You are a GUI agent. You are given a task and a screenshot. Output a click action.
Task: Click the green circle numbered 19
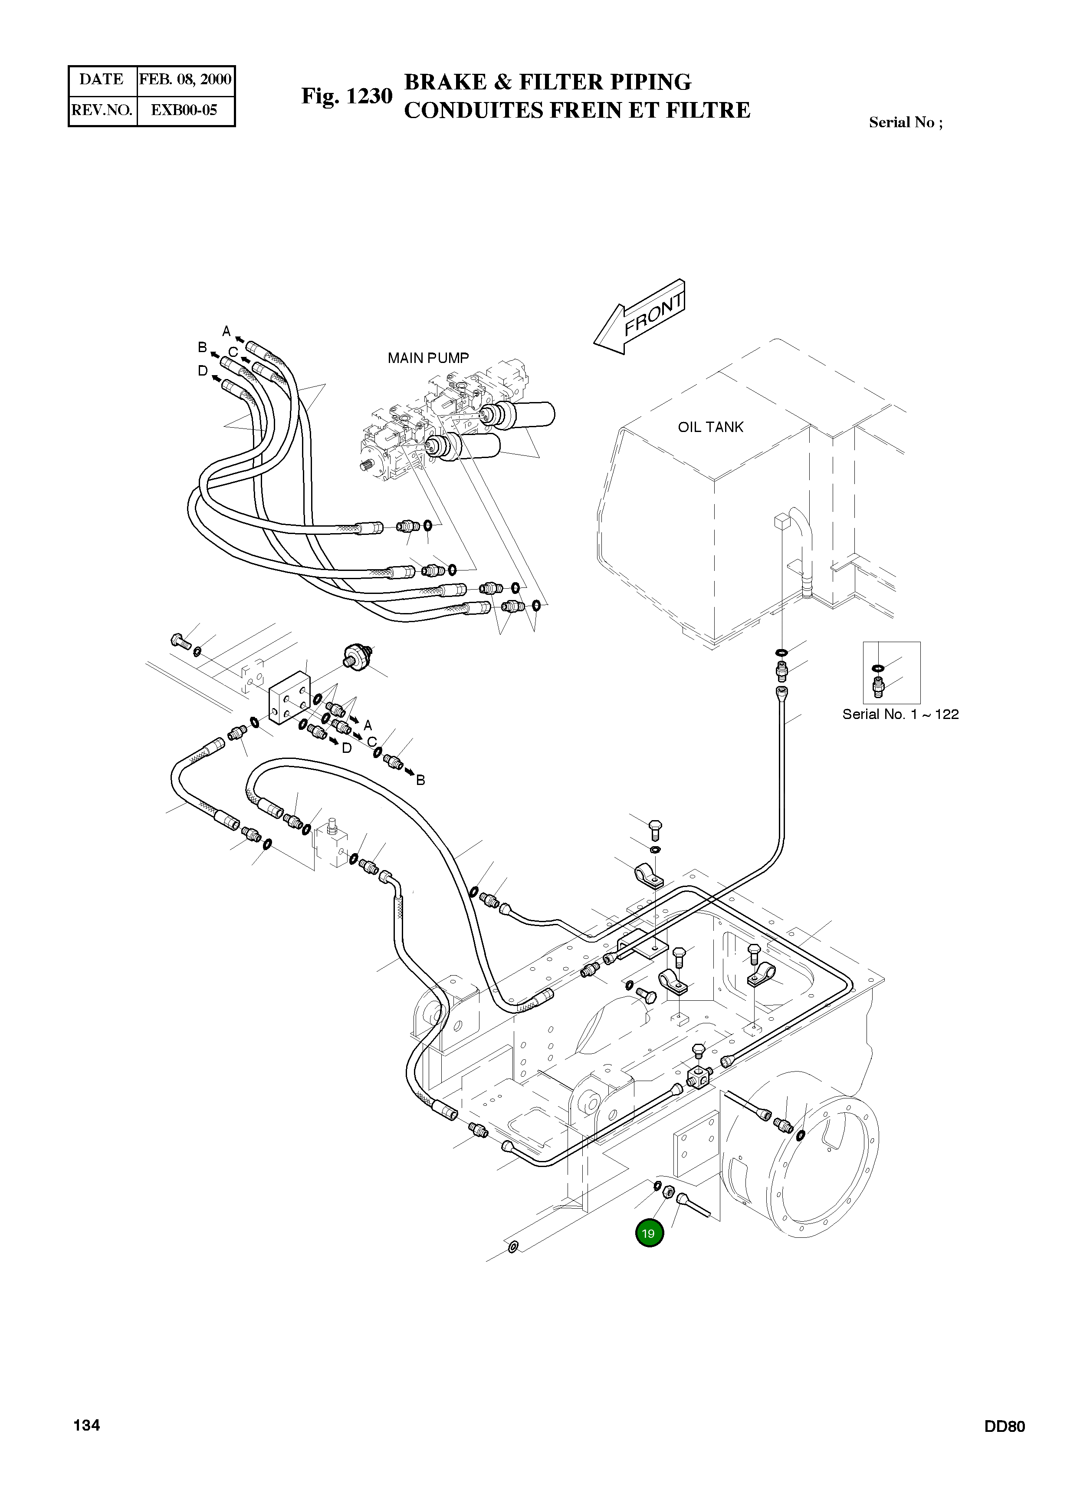pyautogui.click(x=649, y=1233)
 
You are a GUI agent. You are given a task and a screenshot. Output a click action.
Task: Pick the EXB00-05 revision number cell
pyautogui.click(x=184, y=110)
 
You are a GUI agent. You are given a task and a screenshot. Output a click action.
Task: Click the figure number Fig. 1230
pyautogui.click(x=347, y=96)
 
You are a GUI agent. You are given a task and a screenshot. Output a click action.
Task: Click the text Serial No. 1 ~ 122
pyautogui.click(x=900, y=714)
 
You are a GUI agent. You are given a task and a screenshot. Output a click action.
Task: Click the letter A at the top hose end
pyautogui.click(x=227, y=331)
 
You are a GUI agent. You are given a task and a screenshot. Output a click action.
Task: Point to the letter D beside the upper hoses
pyautogui.click(x=203, y=371)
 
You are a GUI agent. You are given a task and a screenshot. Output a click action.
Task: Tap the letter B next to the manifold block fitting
pyautogui.click(x=420, y=780)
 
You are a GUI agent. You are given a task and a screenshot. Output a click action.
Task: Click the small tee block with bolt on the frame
pyautogui.click(x=699, y=1078)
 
